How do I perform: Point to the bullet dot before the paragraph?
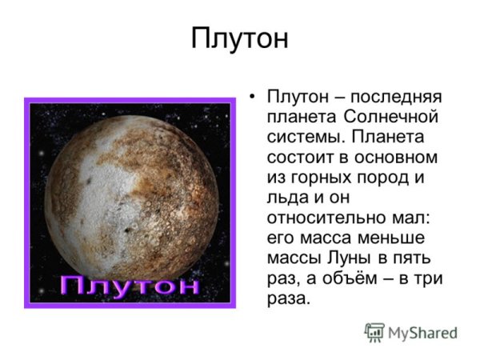(253, 97)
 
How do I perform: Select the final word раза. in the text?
(286, 299)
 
